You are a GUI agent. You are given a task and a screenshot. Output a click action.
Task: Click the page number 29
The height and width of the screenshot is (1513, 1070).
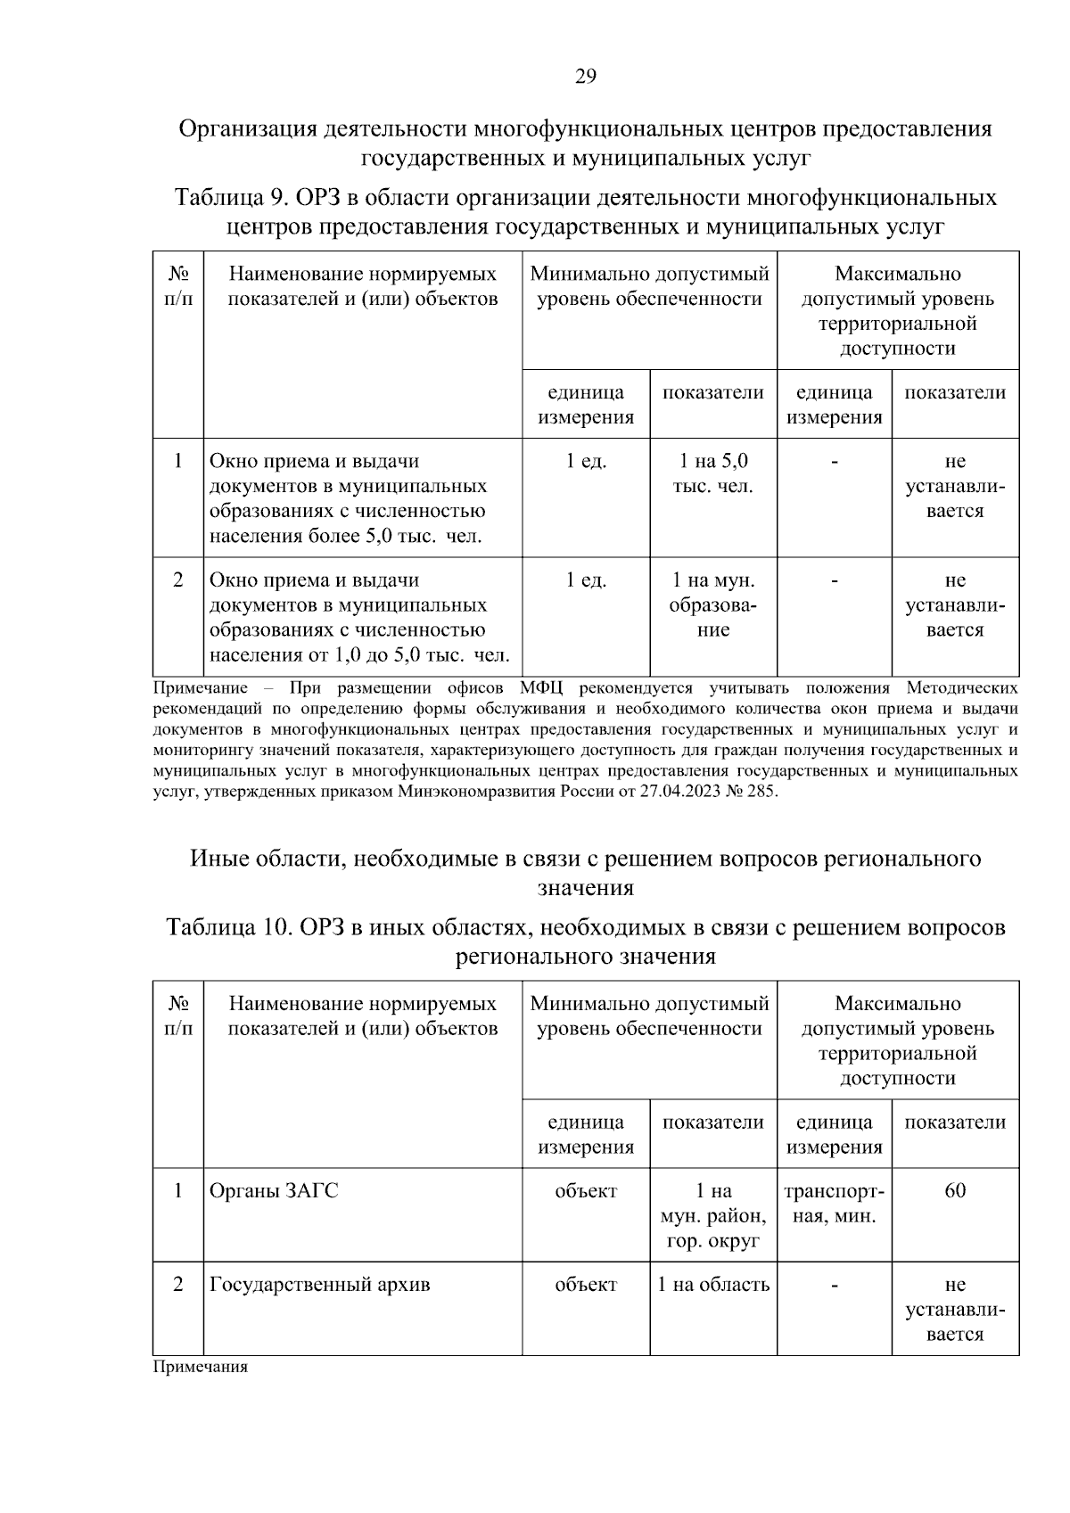pyautogui.click(x=585, y=76)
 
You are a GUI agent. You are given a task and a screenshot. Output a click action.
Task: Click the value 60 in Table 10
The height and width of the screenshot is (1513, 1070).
pyautogui.click(x=955, y=1191)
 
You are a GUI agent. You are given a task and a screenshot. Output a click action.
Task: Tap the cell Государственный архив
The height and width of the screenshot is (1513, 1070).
pyautogui.click(x=319, y=1285)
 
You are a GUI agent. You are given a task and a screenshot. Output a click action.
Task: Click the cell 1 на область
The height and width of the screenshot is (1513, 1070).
pyautogui.click(x=713, y=1285)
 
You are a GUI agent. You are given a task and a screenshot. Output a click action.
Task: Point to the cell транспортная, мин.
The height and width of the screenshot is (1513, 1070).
pyautogui.click(x=834, y=1203)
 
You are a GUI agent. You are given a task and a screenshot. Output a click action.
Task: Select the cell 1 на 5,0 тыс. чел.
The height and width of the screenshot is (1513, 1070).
pyautogui.click(x=713, y=473)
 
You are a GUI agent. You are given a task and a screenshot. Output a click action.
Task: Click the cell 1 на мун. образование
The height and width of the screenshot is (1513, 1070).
pyautogui.click(x=713, y=604)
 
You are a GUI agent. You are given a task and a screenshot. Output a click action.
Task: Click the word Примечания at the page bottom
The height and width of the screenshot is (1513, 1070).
pyautogui.click(x=201, y=1367)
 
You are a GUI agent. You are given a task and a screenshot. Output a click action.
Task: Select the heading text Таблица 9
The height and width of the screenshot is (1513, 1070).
pyautogui.click(x=230, y=197)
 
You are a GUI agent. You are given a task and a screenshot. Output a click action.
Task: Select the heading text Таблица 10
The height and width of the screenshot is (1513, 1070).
pyautogui.click(x=229, y=927)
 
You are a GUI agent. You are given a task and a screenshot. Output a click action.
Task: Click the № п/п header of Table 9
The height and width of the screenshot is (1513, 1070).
pyautogui.click(x=178, y=285)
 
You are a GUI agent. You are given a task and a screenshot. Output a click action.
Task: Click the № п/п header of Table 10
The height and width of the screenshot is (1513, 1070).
pyautogui.click(x=178, y=1016)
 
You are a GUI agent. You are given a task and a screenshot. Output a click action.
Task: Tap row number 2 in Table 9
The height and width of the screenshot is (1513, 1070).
pyautogui.click(x=178, y=580)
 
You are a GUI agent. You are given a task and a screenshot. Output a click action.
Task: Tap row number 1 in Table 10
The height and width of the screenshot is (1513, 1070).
pyautogui.click(x=178, y=1191)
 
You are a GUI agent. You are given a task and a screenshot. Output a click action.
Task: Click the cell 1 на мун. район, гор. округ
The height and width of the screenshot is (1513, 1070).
pyautogui.click(x=713, y=1215)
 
